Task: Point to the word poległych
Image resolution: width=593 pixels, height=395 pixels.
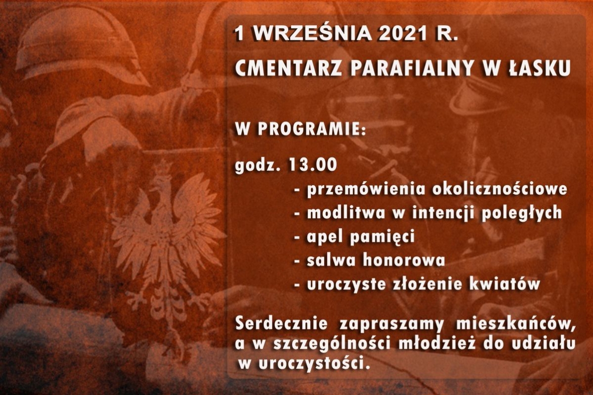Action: click(x=521, y=214)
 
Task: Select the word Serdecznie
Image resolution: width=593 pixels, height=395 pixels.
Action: click(x=281, y=324)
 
